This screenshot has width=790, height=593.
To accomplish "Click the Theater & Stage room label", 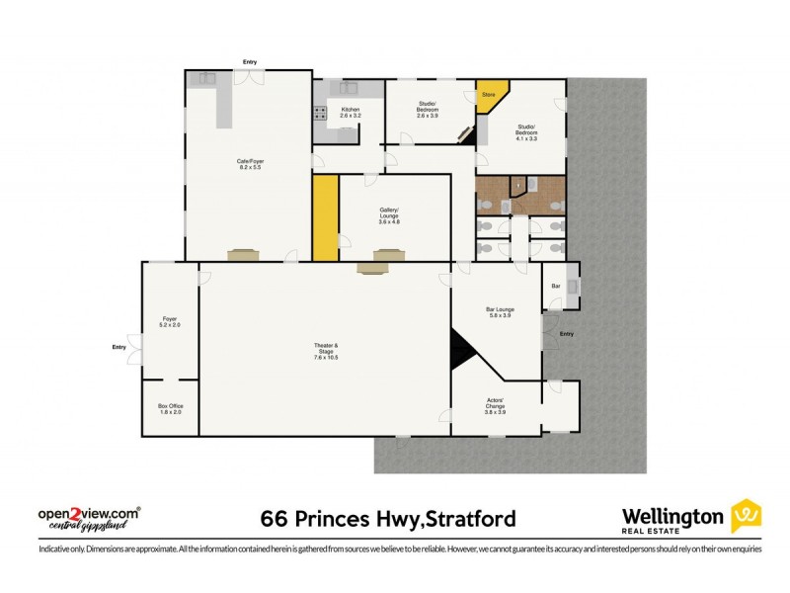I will point(326,351).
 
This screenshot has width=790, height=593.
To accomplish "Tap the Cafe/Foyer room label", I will point(250,164).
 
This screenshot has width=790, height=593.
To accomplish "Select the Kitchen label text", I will point(351,113).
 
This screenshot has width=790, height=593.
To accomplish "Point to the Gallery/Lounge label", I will point(389,212).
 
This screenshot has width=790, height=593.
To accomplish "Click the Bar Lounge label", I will point(499,312).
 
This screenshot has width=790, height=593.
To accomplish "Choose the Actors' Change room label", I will point(496,406).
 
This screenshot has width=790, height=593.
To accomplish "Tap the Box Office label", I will point(171,409).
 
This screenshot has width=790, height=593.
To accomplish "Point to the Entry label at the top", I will point(250,64).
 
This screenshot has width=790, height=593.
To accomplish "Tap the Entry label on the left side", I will point(119,347).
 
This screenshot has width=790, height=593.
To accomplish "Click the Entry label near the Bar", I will point(566,334).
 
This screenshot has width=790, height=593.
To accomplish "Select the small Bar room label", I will point(556,286).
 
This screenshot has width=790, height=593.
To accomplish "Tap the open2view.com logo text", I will point(88,515).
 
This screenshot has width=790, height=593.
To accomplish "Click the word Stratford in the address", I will point(463,518).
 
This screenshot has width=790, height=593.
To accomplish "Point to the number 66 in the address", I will point(274,518).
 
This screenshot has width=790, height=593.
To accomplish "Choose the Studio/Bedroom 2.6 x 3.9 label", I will point(428,113).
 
